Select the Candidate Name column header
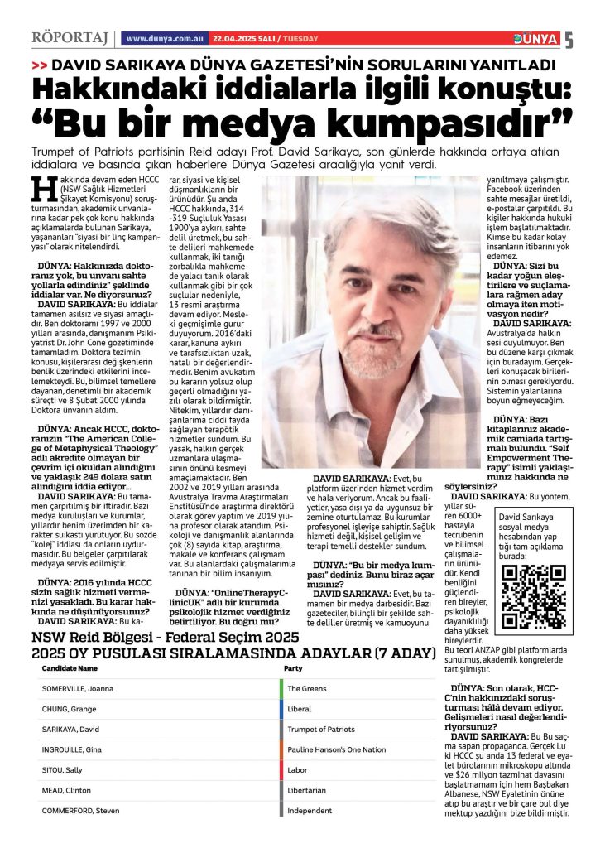70,667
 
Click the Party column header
293,667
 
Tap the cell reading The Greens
306,688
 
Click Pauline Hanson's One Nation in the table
336,749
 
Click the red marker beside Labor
281,770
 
